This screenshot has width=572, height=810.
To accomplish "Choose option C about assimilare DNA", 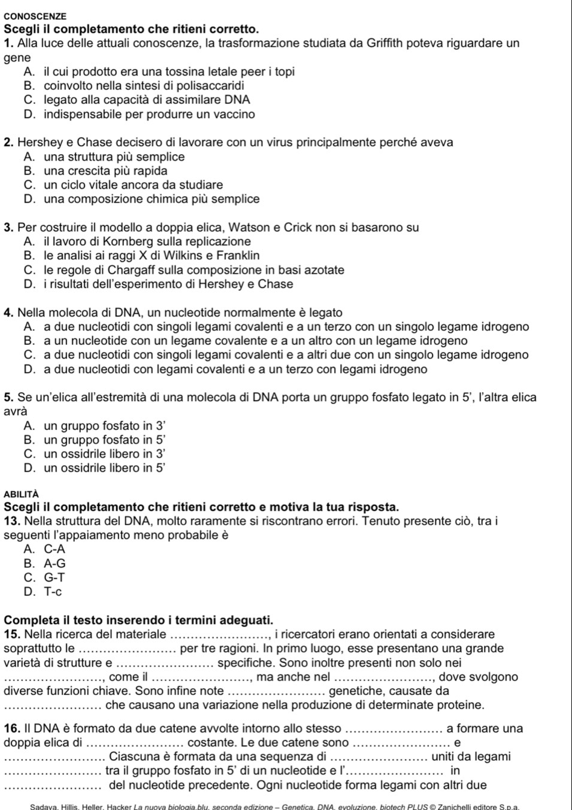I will click(138, 100).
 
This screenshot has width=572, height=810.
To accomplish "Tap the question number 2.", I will click(9, 143).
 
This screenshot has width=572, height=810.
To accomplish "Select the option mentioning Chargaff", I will click(184, 270).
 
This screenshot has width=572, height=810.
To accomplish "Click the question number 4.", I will click(9, 312).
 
